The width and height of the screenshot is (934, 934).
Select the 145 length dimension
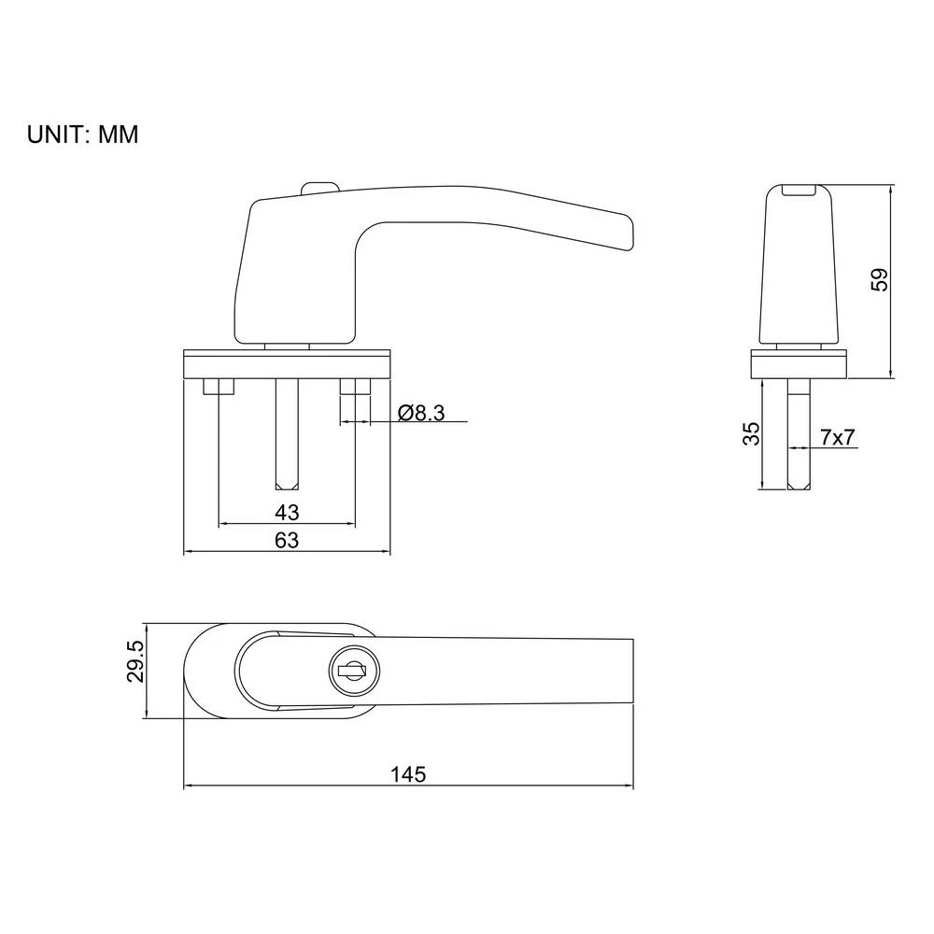[408, 773]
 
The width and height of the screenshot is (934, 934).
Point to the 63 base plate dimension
[287, 541]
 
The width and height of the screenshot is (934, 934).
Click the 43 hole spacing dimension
[287, 513]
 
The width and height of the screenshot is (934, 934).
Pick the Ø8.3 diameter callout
[420, 413]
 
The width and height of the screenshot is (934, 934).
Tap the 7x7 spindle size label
[837, 436]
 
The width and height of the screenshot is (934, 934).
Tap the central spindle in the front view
[287, 434]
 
